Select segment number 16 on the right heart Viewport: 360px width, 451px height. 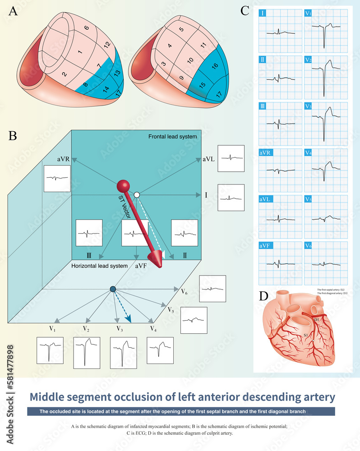pos(215,66)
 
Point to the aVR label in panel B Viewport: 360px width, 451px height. pos(64,160)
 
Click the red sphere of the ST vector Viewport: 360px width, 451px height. pos(123,186)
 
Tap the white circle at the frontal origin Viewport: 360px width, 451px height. pos(137,194)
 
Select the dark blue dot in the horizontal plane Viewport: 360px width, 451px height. pos(113,289)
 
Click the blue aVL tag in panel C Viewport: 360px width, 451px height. pos(266,199)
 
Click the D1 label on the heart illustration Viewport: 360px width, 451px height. pos(317,319)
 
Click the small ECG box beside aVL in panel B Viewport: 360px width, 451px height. pos(231,158)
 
